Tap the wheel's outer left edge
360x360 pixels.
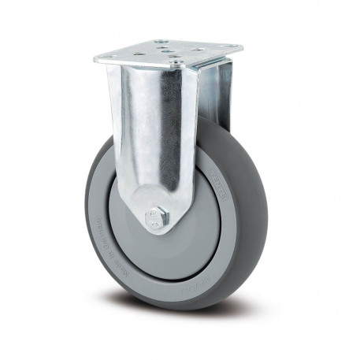(x=86, y=221)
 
